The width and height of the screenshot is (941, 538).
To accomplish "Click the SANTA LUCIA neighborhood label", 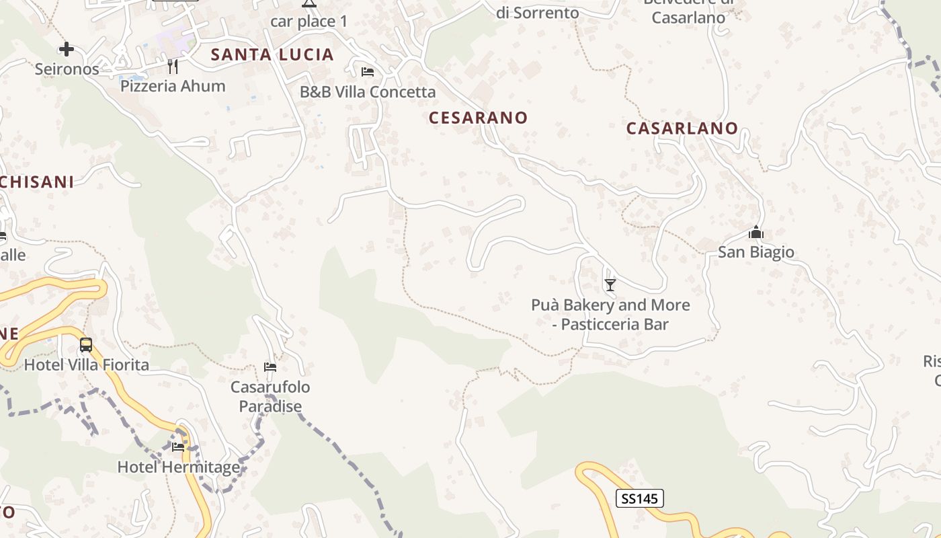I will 272,55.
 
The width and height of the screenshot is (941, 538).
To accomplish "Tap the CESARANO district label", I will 479,118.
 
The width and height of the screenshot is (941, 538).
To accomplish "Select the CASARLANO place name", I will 682,128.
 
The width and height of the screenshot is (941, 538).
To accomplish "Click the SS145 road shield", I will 639,498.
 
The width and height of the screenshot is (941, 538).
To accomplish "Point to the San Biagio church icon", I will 756,233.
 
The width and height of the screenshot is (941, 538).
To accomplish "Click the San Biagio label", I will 756,252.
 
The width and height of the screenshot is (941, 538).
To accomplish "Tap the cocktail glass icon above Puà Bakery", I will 610,285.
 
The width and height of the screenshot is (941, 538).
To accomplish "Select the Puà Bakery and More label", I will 610,314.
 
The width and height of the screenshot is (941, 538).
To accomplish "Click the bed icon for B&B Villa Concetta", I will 368,72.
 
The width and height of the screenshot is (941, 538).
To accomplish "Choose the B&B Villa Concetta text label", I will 368,91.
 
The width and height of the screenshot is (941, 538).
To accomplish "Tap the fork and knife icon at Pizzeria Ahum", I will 173,66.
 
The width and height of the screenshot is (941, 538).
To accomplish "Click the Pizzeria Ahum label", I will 173,86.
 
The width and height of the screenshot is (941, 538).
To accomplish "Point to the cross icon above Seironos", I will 66,48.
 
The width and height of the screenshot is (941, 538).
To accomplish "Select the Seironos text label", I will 67,69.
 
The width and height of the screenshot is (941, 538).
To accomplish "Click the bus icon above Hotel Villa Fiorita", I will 86,345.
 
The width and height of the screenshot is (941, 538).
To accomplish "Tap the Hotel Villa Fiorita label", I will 87,365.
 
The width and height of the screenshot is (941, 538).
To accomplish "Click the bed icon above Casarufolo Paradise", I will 270,367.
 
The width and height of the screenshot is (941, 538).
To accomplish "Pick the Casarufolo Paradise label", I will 270,397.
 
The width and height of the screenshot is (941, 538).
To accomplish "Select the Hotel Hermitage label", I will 179,467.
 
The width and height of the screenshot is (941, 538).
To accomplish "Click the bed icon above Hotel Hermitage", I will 178,447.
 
